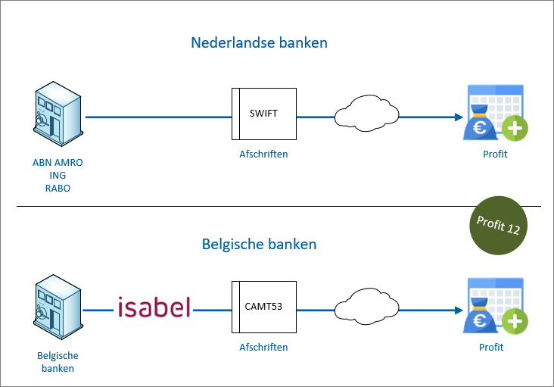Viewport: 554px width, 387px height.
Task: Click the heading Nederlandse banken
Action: [259, 42]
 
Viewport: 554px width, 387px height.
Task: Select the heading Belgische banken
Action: [259, 244]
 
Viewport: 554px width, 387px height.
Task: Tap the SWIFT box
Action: [264, 114]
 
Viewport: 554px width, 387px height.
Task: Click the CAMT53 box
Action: [264, 307]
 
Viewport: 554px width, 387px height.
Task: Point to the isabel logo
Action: [154, 307]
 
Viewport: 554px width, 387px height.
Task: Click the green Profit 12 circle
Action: [498, 225]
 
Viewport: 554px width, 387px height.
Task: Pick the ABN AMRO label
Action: [58, 163]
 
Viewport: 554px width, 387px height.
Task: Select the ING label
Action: [58, 175]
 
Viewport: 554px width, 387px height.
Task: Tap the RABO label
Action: [58, 189]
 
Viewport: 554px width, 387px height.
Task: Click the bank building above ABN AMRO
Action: [58, 114]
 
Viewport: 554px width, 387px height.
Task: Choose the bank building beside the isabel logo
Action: [58, 307]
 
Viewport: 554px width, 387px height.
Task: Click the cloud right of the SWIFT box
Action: [366, 113]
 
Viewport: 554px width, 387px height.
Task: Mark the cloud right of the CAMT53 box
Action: [366, 307]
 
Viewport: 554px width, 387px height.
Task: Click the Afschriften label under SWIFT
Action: [263, 154]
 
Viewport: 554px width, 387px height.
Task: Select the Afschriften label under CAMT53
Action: [263, 347]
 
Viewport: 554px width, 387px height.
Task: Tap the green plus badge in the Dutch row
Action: [515, 128]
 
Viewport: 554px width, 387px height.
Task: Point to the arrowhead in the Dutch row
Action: [459, 117]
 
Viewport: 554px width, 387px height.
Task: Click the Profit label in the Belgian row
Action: [491, 347]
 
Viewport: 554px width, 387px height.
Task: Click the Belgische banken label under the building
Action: [58, 362]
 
